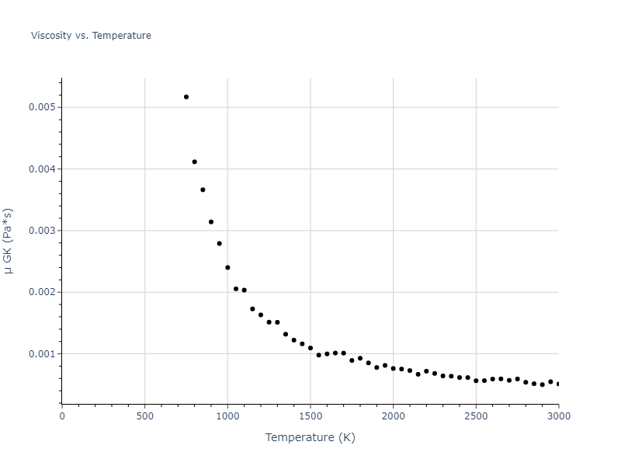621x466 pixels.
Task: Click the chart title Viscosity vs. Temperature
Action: coord(91,36)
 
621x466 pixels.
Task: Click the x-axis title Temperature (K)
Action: coord(310,437)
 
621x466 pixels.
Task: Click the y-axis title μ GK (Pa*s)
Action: coord(9,241)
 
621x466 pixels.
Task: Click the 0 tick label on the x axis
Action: coord(62,416)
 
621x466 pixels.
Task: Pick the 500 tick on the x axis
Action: coord(144,416)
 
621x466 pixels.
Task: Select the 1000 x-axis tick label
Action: coord(227,416)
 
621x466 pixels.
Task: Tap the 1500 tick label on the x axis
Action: coord(310,416)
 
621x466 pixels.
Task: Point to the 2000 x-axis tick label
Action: coord(393,416)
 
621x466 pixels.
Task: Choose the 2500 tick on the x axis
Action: coord(476,416)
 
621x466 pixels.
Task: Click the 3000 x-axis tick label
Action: coord(559,416)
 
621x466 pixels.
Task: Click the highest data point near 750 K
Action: coord(186,97)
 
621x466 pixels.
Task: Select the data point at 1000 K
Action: coord(227,267)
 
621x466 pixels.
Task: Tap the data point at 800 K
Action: coord(194,162)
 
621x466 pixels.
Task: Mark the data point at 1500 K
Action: coord(310,348)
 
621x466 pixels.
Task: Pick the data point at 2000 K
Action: coord(393,368)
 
